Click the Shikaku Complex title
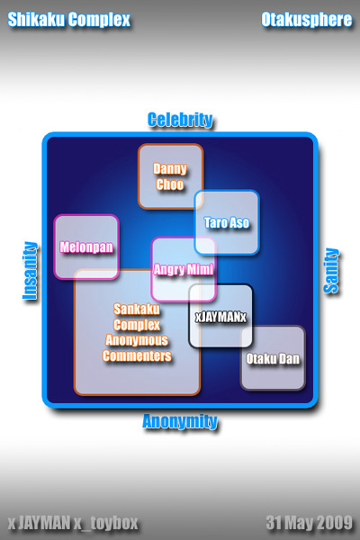pos(69,20)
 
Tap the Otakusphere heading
pos(307,20)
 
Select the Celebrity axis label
pos(180,120)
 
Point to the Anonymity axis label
pos(180,421)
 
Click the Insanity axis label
pos(30,271)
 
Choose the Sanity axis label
pos(331,271)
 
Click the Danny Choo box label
pos(170,176)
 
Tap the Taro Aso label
pos(226,222)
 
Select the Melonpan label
pos(86,247)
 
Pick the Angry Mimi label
pos(184,269)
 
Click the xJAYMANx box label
pos(220,317)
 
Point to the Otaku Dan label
pos(273,359)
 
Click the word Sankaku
pos(137,309)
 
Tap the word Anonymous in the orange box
pos(137,340)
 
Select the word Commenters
pos(137,355)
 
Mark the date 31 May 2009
pos(310,523)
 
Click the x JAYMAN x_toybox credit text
pos(73,523)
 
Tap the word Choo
pos(170,184)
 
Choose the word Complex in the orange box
pos(137,325)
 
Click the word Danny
pos(170,169)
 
